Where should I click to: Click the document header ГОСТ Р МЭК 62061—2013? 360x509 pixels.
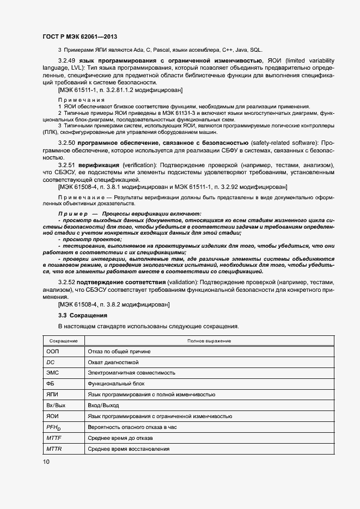click(79, 36)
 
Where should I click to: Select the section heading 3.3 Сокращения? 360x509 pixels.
click(83, 315)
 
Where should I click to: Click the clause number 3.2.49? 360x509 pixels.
click(67, 60)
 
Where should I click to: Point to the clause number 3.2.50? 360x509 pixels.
click(67, 142)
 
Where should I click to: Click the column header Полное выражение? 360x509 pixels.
click(209, 341)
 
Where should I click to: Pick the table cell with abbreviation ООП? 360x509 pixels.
click(53, 352)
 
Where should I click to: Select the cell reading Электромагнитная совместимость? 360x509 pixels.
click(131, 373)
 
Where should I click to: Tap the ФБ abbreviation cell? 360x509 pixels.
click(51, 384)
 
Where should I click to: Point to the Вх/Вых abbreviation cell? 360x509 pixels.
click(56, 405)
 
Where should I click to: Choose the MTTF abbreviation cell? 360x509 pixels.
click(54, 438)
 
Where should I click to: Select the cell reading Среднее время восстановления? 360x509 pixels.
click(128, 449)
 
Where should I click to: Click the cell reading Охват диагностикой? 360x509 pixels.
click(113, 362)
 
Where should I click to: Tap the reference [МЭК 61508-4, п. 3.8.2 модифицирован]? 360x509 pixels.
click(114, 305)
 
